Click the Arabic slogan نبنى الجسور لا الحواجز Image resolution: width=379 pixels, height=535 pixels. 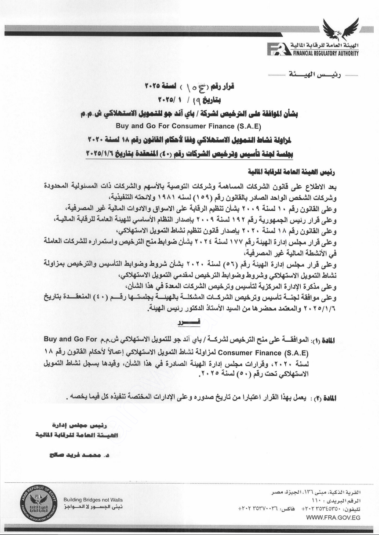pyautogui.click(x=92, y=507)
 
